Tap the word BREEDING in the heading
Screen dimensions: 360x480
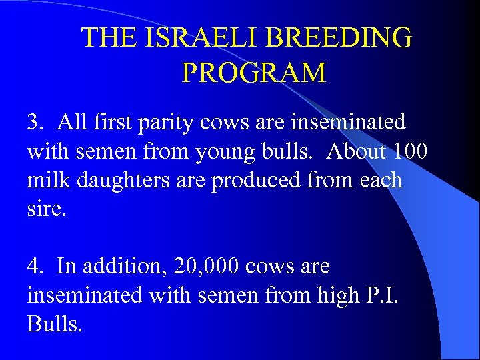point(337,38)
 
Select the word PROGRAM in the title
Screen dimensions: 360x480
point(254,72)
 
